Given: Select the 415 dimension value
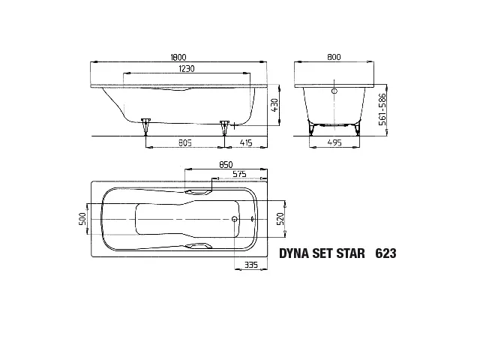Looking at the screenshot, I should pyautogui.click(x=244, y=141).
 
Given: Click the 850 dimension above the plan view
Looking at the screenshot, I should pyautogui.click(x=225, y=164).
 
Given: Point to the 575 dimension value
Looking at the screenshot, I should pyautogui.click(x=239, y=174).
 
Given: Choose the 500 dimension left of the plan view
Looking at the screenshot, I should pyautogui.click(x=83, y=218).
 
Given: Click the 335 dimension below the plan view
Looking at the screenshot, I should pyautogui.click(x=251, y=264).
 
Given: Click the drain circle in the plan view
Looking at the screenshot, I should pyautogui.click(x=235, y=220).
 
